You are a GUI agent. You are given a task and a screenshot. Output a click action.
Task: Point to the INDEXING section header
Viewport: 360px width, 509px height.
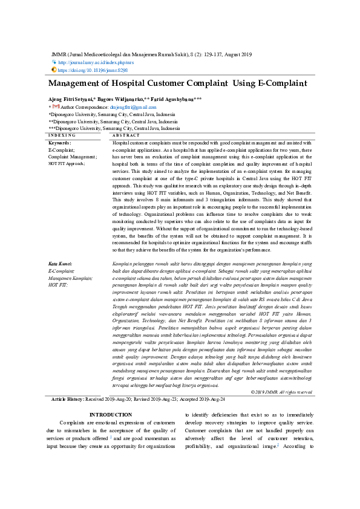click(x=62, y=135)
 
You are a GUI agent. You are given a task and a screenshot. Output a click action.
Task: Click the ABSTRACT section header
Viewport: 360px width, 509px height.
click(x=126, y=135)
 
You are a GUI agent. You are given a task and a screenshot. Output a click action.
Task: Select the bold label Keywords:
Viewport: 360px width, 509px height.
click(x=60, y=142)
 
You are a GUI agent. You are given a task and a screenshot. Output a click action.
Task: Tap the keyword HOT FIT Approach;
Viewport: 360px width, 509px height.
click(x=67, y=163)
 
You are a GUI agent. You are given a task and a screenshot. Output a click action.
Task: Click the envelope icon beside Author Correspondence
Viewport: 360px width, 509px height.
click(x=56, y=107)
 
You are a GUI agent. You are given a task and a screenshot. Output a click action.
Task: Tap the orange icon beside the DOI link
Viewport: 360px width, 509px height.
click(x=54, y=70)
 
